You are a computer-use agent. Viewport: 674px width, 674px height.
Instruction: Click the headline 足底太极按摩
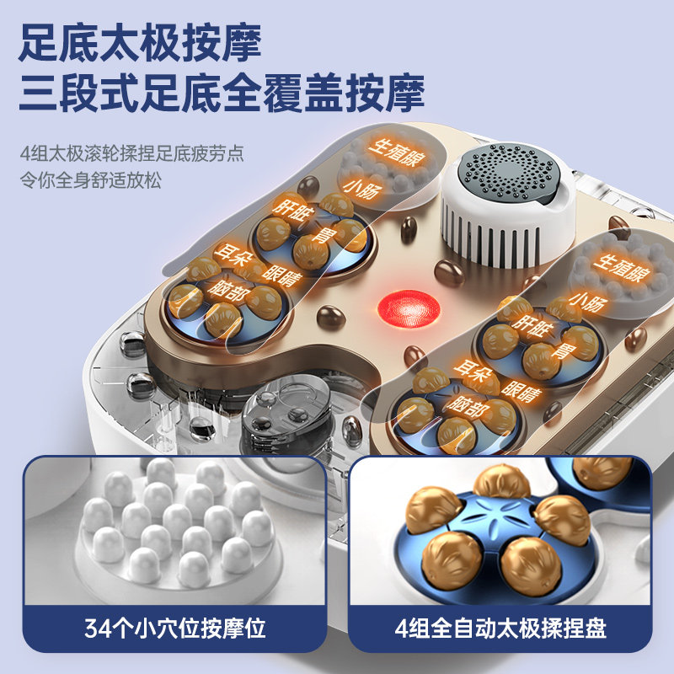(x=141, y=40)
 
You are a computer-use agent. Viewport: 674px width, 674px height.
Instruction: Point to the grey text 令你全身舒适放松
(x=91, y=180)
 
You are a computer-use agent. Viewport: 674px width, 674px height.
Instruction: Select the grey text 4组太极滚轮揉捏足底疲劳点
(x=131, y=155)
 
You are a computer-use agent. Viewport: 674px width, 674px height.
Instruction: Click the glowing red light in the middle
(x=410, y=308)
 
